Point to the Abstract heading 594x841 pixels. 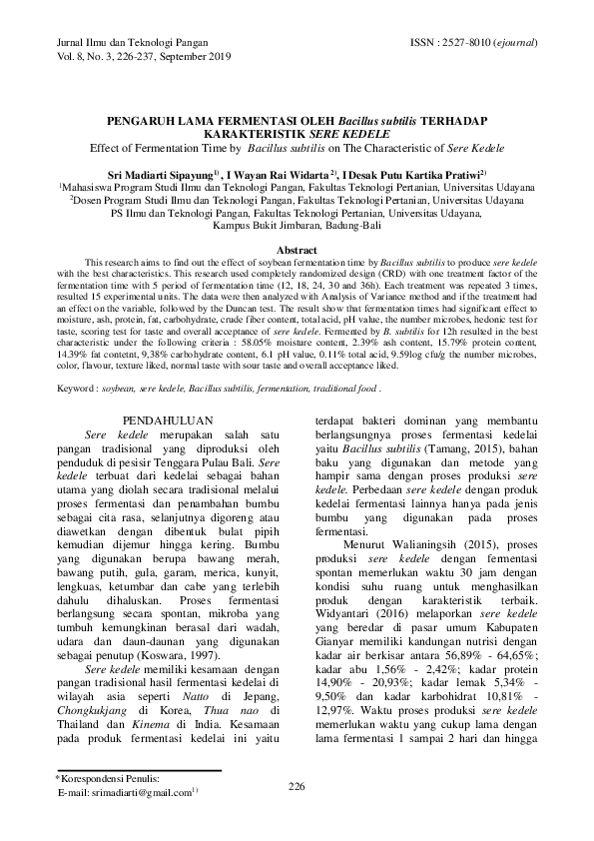coord(297,249)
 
